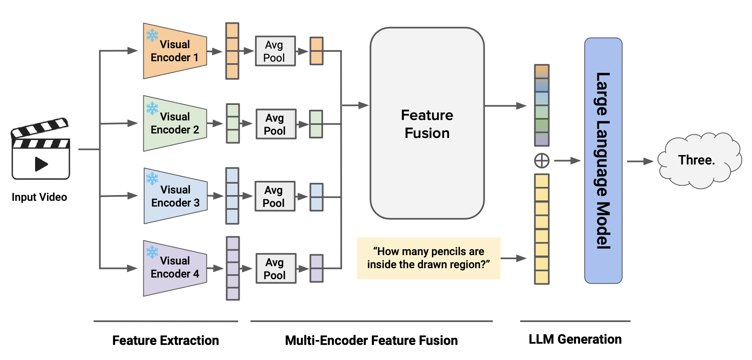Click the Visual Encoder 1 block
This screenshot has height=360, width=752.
[x=175, y=51]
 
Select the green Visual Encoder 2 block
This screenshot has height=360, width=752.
[x=175, y=123]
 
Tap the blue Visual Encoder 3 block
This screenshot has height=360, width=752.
[x=175, y=196]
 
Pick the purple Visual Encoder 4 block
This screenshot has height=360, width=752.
[x=175, y=268]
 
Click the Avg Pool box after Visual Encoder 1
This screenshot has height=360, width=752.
[x=275, y=51]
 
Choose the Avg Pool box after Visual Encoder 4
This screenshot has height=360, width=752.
[x=276, y=269]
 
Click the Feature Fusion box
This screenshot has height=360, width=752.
[x=427, y=123]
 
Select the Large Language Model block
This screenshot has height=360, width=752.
[x=603, y=160]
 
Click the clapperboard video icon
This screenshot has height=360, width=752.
[x=40, y=149]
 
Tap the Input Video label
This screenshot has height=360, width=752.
[x=39, y=197]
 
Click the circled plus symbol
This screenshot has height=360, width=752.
[x=542, y=161]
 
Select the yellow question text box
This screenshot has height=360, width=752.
[x=428, y=258]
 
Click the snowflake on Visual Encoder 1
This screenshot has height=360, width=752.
[x=152, y=35]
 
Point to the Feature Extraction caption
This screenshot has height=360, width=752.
[x=165, y=340]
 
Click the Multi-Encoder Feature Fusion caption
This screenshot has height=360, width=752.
[x=371, y=340]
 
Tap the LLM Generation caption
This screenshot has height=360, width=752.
[x=575, y=339]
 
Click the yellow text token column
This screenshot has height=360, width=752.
[x=542, y=229]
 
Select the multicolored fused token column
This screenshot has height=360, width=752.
[x=542, y=105]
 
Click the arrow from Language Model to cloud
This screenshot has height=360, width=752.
[x=640, y=161]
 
